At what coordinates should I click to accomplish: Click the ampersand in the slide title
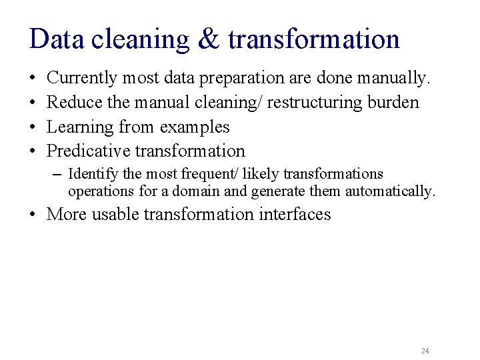click(x=209, y=39)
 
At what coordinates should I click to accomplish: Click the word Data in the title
click(x=57, y=39)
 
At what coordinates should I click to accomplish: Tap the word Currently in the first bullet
click(x=80, y=79)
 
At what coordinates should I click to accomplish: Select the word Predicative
click(x=89, y=151)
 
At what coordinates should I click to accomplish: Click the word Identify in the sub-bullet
click(x=94, y=175)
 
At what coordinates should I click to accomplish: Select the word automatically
click(x=394, y=192)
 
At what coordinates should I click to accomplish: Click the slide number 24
click(x=425, y=351)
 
